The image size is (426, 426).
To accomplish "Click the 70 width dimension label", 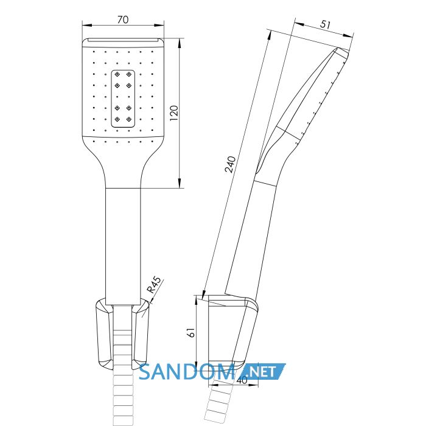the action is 123,19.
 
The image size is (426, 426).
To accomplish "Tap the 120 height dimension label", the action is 174,113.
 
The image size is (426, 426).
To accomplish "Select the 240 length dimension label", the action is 230,164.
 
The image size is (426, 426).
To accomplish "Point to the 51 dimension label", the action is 325,24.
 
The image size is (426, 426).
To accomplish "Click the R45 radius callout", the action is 154,285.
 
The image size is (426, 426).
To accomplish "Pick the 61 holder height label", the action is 192,332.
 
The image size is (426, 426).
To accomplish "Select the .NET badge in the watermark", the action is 262,371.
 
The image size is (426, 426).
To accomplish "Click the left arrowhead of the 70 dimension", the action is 86,26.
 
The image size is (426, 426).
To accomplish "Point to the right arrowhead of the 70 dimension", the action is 159,26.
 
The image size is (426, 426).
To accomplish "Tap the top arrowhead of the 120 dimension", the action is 180,43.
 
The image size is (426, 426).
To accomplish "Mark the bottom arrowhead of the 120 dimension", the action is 180,183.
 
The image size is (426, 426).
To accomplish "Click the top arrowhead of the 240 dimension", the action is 269,35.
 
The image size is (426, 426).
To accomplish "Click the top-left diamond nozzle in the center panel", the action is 117,74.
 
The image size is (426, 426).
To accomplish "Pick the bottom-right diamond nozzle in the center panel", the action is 129,119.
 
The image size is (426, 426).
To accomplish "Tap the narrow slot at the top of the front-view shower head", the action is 124,40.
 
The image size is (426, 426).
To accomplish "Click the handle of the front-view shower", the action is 123,246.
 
